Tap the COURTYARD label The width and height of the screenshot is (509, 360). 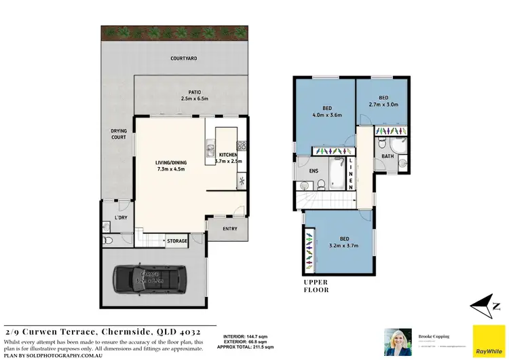pos(183,59)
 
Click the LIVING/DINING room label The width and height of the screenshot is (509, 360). pos(171,166)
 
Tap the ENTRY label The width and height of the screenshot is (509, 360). pos(230,229)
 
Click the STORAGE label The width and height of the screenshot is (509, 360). pos(177,241)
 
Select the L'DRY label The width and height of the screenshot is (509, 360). pos(121,217)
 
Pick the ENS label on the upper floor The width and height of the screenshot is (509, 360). pos(313,170)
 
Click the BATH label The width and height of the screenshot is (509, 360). pos(387,157)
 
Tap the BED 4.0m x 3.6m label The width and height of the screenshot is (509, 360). pos(326,112)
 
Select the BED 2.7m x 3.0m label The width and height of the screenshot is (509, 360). pos(383,101)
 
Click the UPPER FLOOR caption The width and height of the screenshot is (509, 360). pos(316,285)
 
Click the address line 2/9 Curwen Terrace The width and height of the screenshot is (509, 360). pos(103,329)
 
